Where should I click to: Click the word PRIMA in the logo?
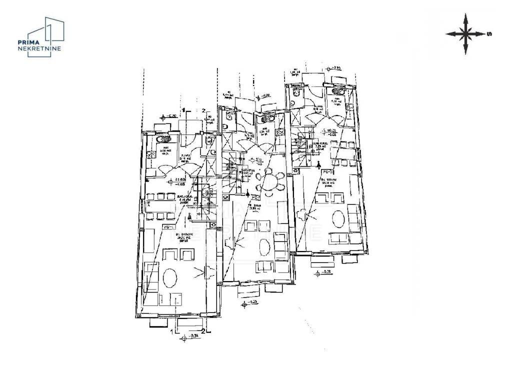[28, 43]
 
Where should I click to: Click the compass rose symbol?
[465, 34]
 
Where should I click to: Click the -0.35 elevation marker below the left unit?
[187, 336]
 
